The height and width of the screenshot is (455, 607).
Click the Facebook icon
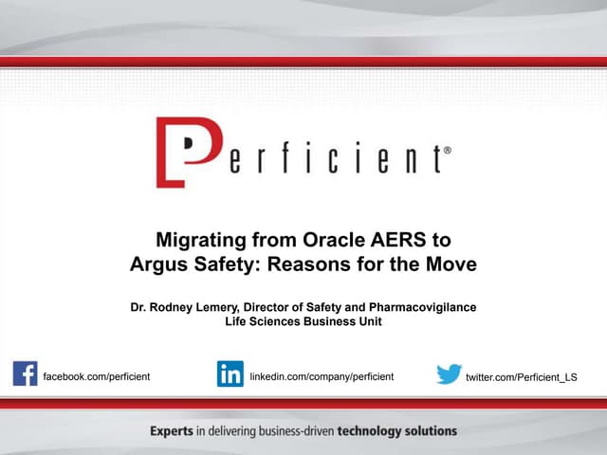coord(26,373)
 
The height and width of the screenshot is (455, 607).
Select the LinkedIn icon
coord(230,373)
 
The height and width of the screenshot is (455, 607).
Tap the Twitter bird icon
coord(449,374)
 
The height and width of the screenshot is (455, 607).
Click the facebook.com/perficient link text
coord(97,377)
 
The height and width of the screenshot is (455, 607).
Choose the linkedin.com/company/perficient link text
coord(322,377)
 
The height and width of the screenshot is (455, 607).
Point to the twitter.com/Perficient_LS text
coord(522,377)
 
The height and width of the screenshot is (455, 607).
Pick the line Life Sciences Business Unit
coord(303,322)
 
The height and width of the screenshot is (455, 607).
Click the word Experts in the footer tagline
coord(172,431)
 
